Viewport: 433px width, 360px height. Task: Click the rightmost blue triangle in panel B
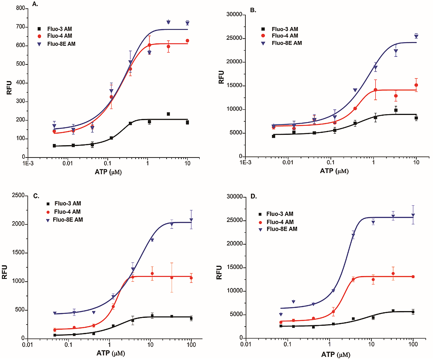pyautogui.click(x=416, y=36)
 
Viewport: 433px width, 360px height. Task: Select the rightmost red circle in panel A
pyautogui.click(x=187, y=41)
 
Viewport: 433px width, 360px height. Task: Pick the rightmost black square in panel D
pyautogui.click(x=413, y=312)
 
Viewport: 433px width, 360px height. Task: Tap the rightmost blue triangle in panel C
pyautogui.click(x=191, y=220)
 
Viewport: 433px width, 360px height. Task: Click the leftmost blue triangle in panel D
pyautogui.click(x=281, y=314)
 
